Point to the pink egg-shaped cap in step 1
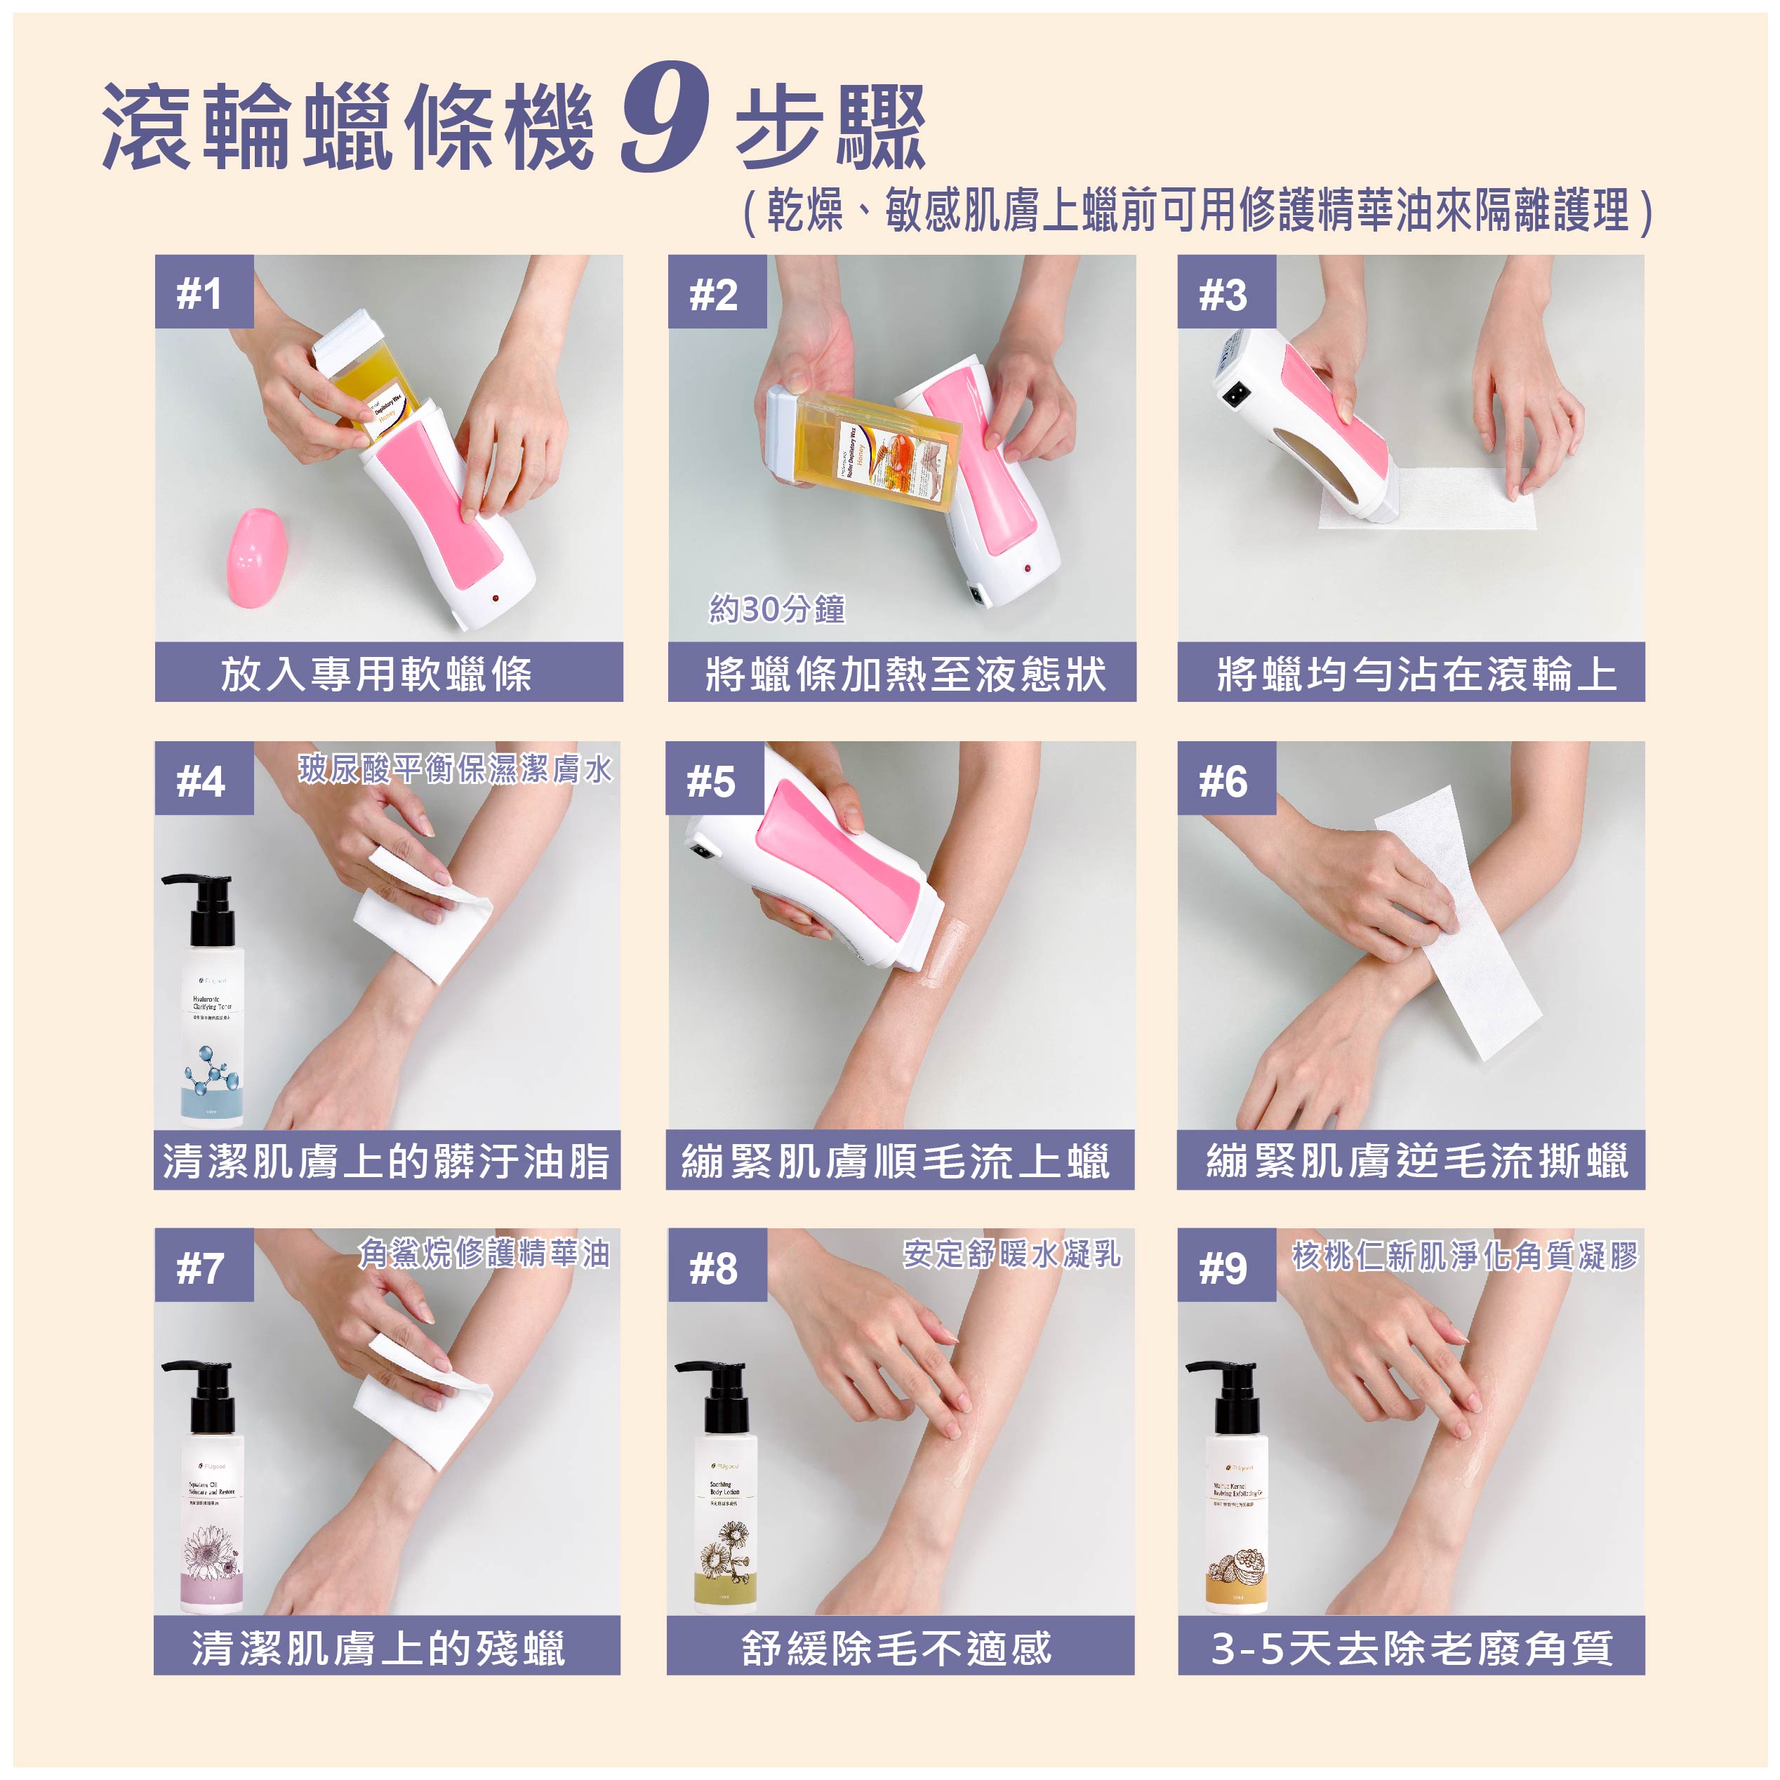(256, 557)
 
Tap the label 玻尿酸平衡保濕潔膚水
(455, 769)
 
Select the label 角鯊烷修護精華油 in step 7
(484, 1254)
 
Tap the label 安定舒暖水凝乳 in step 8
(1011, 1254)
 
